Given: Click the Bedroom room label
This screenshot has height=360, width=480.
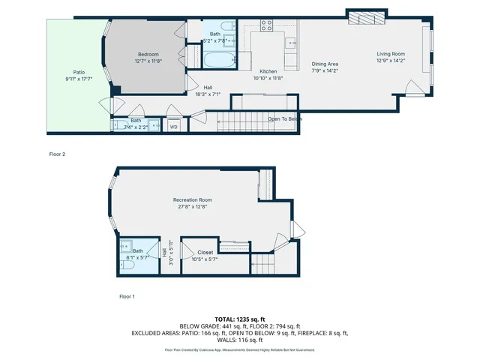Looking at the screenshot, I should (147, 54).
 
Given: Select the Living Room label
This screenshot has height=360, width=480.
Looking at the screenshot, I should (391, 54).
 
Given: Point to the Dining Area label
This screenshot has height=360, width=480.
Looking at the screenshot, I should (325, 64).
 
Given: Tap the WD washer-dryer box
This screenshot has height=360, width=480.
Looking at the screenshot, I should (173, 127).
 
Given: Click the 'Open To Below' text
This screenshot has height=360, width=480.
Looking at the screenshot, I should (285, 119).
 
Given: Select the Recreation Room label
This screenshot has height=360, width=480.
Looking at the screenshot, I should (193, 199).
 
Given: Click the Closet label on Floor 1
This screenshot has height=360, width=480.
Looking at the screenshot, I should (205, 253).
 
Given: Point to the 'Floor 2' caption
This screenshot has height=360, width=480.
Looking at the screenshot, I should (57, 154).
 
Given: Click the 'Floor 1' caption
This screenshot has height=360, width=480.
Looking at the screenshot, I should (127, 296).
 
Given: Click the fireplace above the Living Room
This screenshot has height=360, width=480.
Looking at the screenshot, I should (367, 17).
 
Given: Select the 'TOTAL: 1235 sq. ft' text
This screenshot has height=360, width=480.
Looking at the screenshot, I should (239, 319).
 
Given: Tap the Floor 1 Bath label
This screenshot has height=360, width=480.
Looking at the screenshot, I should (138, 251).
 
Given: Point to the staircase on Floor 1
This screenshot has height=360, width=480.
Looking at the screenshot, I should (264, 264).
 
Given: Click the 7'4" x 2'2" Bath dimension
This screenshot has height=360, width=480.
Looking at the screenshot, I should (136, 127).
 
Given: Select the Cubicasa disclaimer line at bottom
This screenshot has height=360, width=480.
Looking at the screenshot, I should (239, 349).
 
